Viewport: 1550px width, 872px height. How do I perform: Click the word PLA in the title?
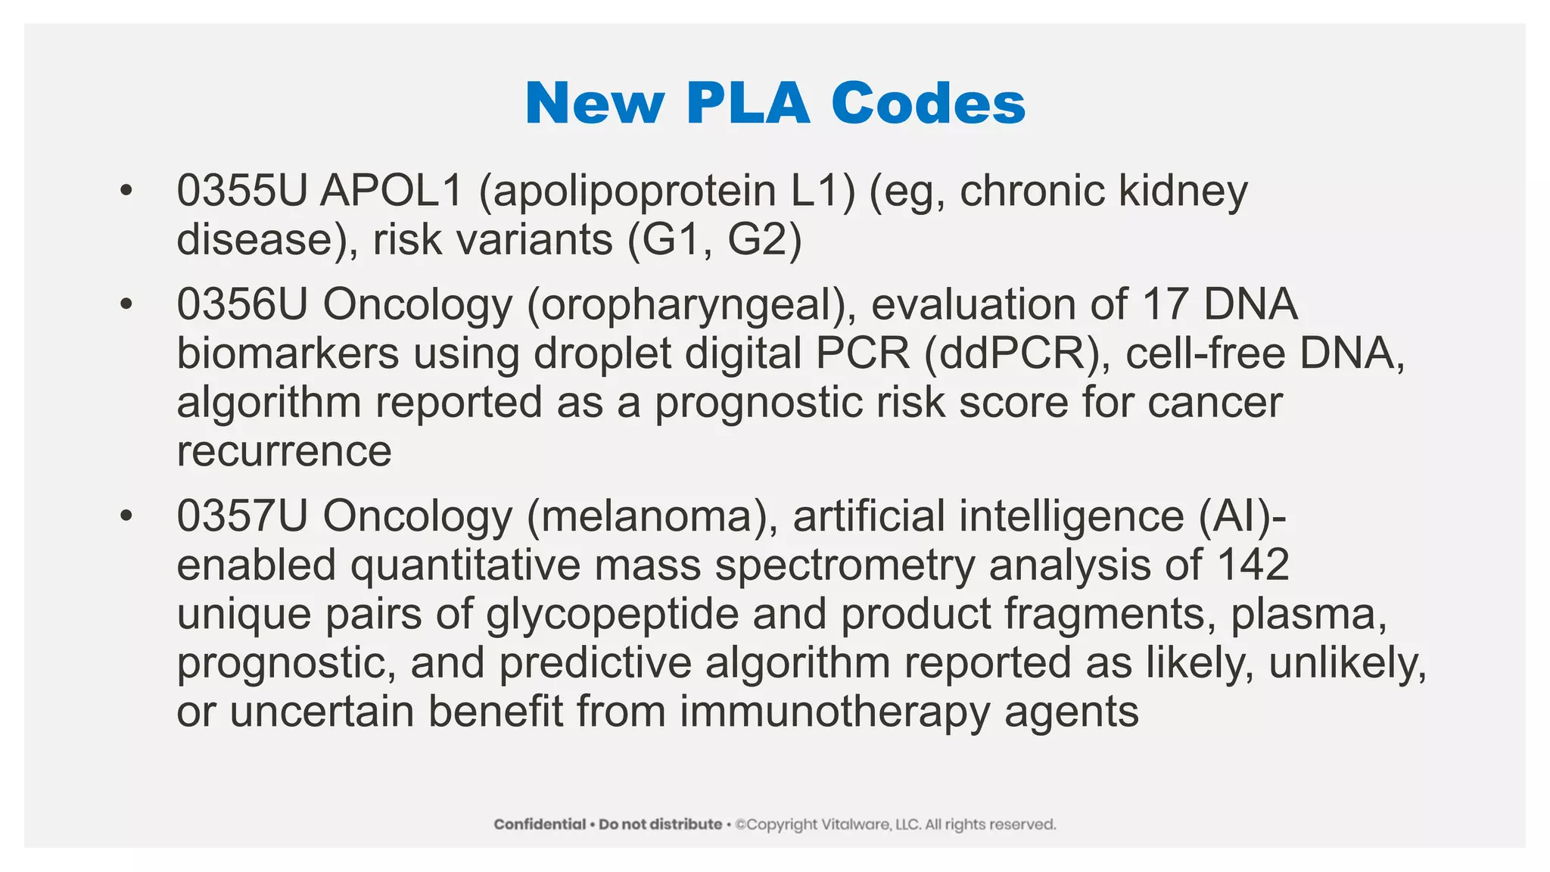click(748, 103)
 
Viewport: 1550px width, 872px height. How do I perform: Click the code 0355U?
click(241, 191)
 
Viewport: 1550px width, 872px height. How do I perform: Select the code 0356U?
click(241, 305)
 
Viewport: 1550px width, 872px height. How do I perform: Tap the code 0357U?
click(241, 517)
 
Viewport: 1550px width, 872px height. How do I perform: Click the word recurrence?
click(284, 452)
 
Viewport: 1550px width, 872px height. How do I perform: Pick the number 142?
click(1253, 565)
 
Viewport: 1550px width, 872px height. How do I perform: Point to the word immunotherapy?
click(835, 712)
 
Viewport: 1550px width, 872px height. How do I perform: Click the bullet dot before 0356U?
click(126, 305)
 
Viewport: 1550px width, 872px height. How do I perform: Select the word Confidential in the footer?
click(540, 824)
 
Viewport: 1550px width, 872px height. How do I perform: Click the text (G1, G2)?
click(714, 241)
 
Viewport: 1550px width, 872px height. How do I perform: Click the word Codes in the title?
click(928, 103)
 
